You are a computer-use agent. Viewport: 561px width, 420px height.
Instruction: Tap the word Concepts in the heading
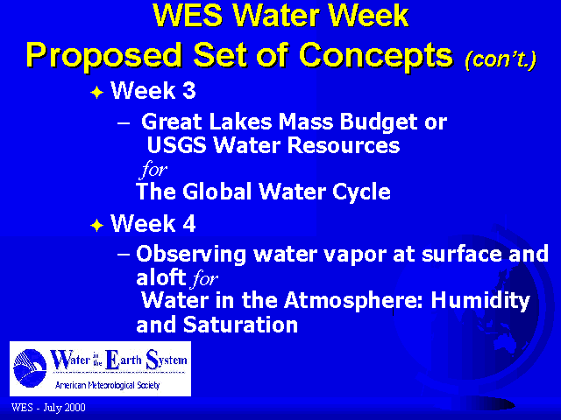376,55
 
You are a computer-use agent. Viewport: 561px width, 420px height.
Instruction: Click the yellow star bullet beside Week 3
97,93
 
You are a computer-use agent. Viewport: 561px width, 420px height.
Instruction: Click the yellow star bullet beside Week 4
97,226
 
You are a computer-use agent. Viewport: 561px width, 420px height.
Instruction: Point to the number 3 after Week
189,90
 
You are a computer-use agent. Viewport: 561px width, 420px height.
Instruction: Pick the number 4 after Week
189,224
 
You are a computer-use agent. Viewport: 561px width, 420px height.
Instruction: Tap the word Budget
379,123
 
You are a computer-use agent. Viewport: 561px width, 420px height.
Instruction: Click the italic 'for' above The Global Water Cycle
154,169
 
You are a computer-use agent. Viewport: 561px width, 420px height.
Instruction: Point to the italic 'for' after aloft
204,278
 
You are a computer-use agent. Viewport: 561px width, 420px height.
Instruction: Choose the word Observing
191,255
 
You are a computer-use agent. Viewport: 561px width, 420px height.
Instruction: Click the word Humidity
480,301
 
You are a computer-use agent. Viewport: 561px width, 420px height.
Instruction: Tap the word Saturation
240,325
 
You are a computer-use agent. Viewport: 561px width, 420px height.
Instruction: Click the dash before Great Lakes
124,123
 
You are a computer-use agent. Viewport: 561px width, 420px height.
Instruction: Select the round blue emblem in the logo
30,367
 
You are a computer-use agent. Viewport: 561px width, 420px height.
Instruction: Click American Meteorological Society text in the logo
107,385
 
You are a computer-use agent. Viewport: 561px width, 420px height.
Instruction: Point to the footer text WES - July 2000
48,408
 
